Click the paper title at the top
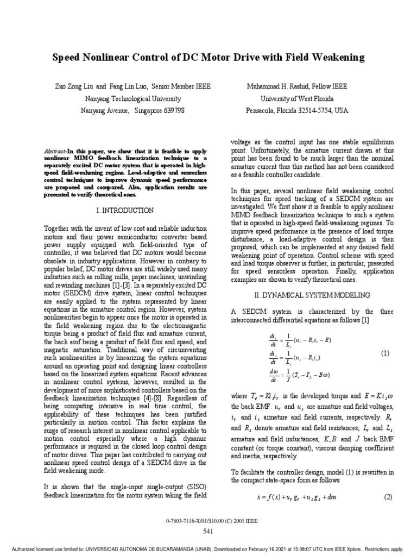coord(208,57)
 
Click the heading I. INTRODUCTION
coord(125,210)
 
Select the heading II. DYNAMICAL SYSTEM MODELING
coord(313,295)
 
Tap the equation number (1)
coord(385,353)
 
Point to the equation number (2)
coord(388,497)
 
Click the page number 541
coord(208,530)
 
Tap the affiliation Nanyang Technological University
coord(133,98)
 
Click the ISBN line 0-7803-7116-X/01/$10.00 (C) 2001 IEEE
coord(208,520)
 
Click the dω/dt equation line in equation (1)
coord(307,374)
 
